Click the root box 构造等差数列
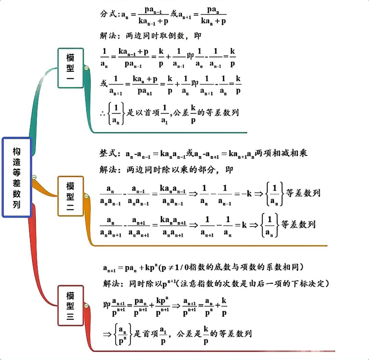[17, 177]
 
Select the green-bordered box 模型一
[70, 68]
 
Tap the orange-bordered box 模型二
[70, 196]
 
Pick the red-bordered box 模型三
[70, 305]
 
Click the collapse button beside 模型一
[86, 68]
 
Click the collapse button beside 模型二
[86, 196]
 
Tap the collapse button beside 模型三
[86, 305]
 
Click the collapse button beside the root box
[34, 177]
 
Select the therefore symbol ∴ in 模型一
[103, 113]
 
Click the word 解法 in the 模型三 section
[111, 284]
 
